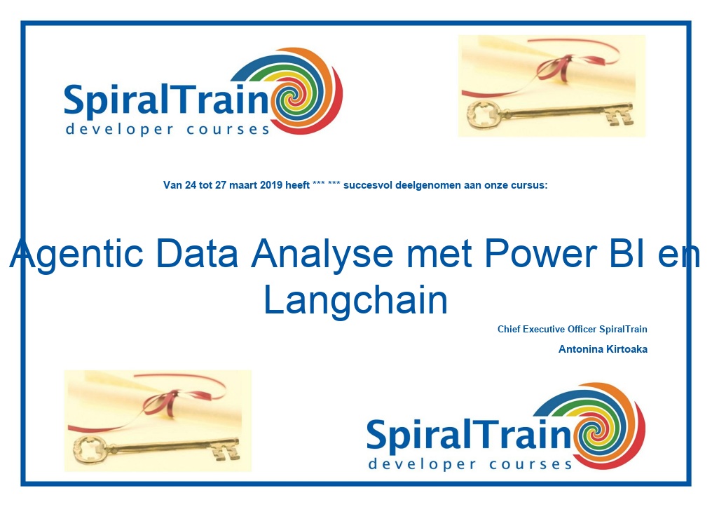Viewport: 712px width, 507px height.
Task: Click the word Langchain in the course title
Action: (x=355, y=301)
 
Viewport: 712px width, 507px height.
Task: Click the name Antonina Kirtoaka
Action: (x=603, y=349)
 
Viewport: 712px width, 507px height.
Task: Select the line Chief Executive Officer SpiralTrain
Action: (x=572, y=330)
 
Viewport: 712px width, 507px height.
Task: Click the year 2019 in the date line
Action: (x=271, y=185)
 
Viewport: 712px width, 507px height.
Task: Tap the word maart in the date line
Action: (x=243, y=185)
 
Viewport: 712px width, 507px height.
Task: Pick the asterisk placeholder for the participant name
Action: (x=327, y=184)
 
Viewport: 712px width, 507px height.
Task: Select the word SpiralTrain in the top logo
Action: (x=167, y=100)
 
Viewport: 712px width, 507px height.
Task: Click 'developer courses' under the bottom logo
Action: (x=470, y=464)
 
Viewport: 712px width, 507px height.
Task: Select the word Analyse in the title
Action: (x=322, y=255)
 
